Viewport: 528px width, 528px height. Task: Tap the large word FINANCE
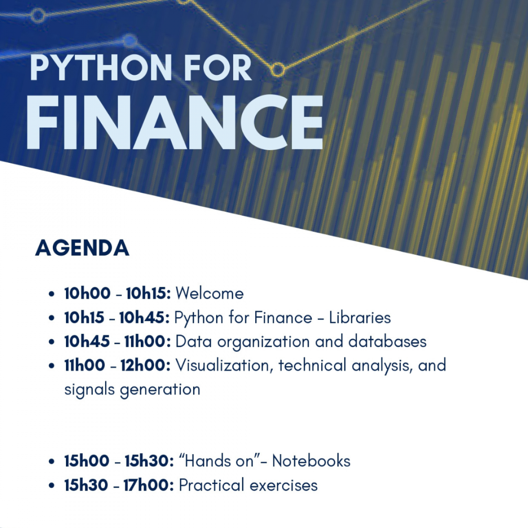(175, 123)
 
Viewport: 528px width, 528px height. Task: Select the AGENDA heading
(82, 248)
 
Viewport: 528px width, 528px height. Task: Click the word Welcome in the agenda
(209, 293)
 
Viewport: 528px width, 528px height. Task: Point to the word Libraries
(360, 318)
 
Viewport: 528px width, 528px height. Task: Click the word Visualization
(224, 365)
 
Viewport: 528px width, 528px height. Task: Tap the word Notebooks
(311, 461)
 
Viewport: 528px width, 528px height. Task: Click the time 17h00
(148, 485)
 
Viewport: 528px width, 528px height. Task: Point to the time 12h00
(145, 365)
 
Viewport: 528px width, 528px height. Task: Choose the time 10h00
(87, 293)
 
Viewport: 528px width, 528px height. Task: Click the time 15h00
(87, 461)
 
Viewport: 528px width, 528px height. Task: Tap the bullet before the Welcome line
(52, 294)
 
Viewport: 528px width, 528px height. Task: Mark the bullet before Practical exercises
(52, 486)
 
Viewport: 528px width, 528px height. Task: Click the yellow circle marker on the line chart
(277, 69)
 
